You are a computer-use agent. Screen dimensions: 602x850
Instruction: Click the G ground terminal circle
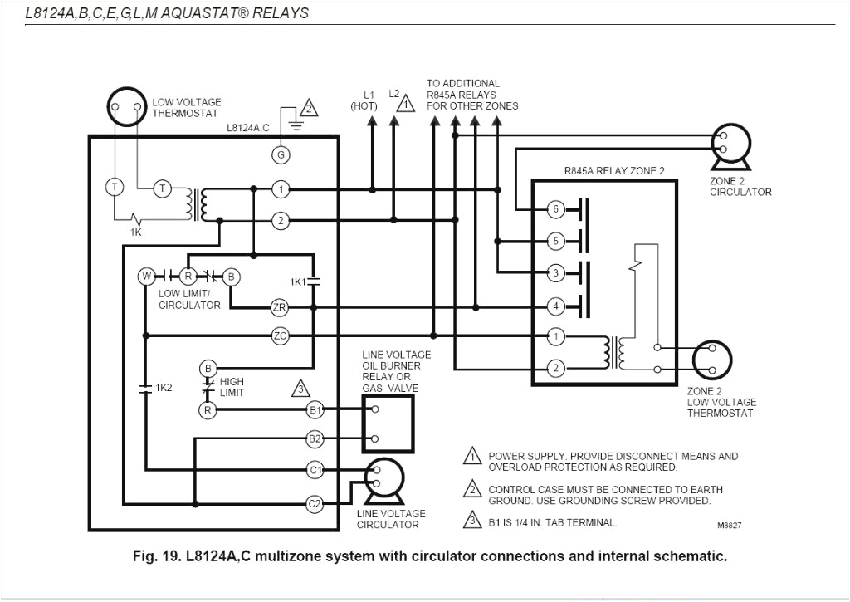(281, 154)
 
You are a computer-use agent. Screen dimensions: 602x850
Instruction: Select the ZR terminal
(280, 308)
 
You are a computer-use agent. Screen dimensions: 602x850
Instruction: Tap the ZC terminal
(280, 336)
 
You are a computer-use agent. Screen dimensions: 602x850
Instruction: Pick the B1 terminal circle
(315, 409)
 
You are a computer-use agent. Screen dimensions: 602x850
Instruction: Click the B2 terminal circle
(315, 438)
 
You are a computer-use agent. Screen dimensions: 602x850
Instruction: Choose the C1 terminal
(315, 470)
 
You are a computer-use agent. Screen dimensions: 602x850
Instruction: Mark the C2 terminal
(315, 503)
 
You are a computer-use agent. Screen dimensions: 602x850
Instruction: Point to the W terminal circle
(145, 276)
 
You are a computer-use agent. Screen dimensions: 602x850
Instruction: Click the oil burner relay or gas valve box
(388, 424)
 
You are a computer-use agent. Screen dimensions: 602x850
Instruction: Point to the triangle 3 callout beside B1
(300, 388)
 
